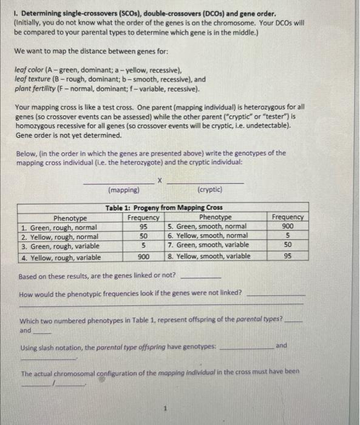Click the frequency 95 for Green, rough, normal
143,226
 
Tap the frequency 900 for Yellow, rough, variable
143,256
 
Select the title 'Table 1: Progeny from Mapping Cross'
164,207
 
